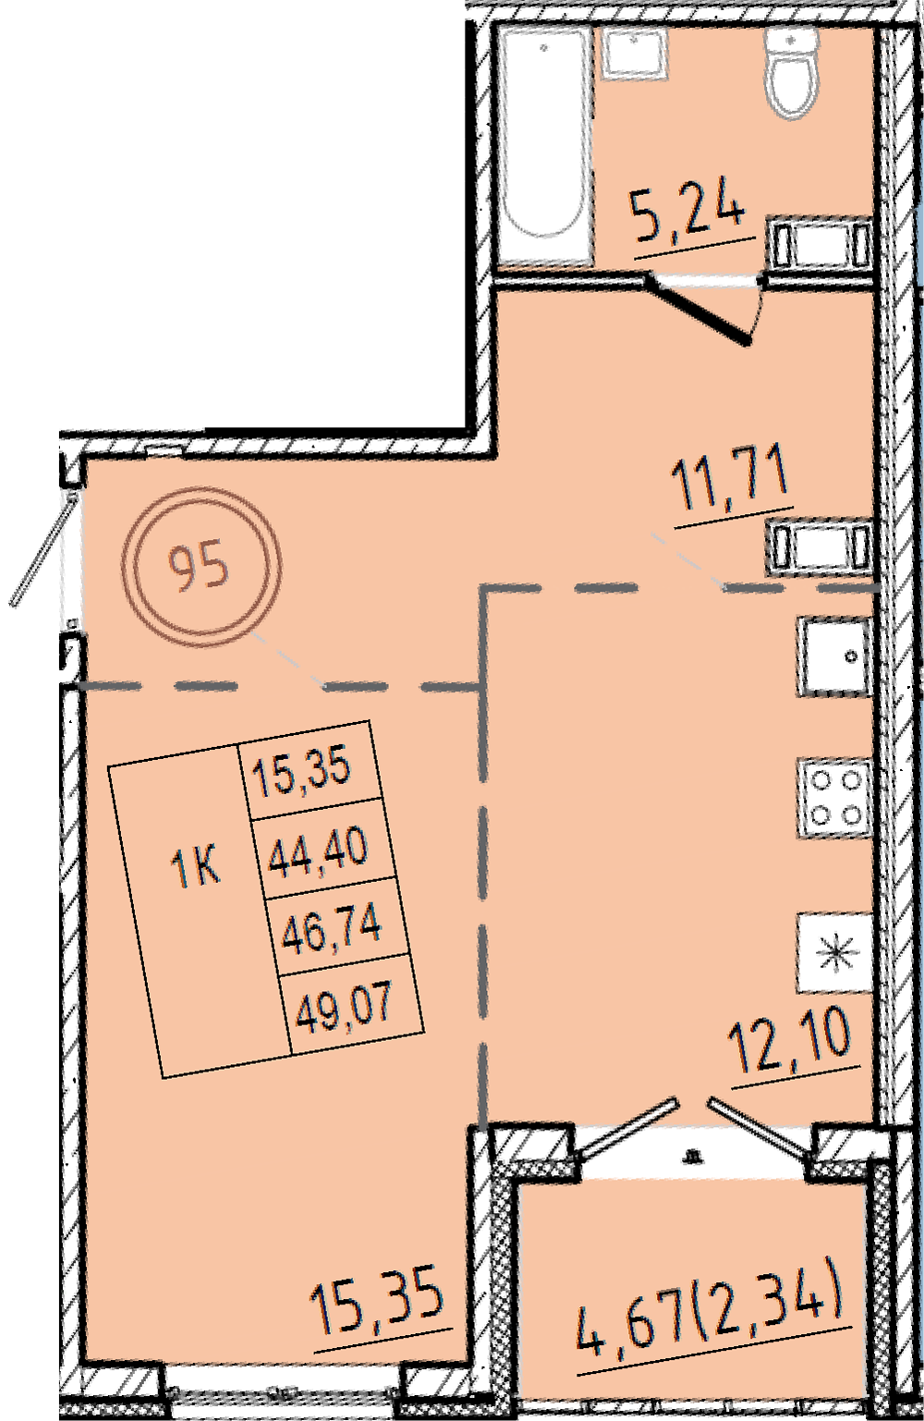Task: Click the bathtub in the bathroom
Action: pos(544,147)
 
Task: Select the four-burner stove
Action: pos(835,799)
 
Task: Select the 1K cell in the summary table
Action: pos(196,867)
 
